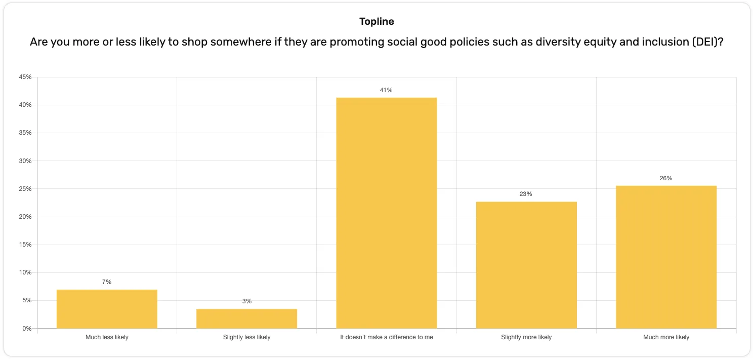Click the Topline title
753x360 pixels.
point(377,21)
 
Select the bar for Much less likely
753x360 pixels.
point(107,309)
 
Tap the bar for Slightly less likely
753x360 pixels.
point(246,318)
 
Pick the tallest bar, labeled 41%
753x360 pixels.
point(387,213)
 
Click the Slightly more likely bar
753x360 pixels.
point(526,265)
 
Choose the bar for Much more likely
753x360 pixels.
point(666,257)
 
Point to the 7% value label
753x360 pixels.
point(107,282)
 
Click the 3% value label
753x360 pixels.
point(246,301)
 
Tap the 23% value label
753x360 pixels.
point(526,194)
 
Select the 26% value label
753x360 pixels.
point(666,178)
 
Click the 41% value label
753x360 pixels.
point(387,90)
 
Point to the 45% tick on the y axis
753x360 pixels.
point(25,77)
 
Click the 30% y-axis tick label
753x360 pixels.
point(25,161)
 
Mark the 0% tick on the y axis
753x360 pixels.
point(27,329)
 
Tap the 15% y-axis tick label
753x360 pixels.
point(25,245)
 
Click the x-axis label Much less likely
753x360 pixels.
point(107,337)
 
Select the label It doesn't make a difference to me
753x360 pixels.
point(387,337)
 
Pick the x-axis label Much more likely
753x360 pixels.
point(666,337)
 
